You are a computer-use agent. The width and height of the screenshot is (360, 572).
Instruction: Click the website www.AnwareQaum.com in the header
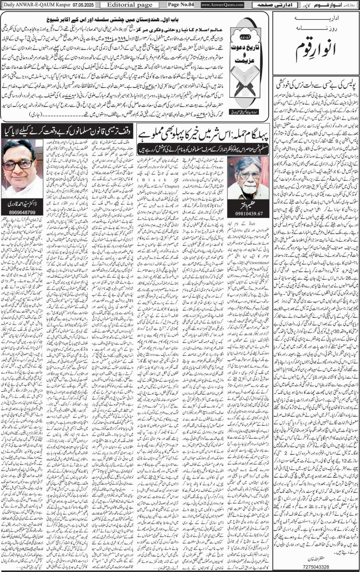[x=222, y=5]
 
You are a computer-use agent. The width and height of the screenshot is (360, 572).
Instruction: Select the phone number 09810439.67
[x=248, y=213]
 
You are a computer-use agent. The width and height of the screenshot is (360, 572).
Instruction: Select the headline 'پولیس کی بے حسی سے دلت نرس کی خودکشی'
[x=315, y=86]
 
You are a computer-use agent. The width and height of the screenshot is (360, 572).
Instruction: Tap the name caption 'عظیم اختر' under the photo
[x=248, y=204]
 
